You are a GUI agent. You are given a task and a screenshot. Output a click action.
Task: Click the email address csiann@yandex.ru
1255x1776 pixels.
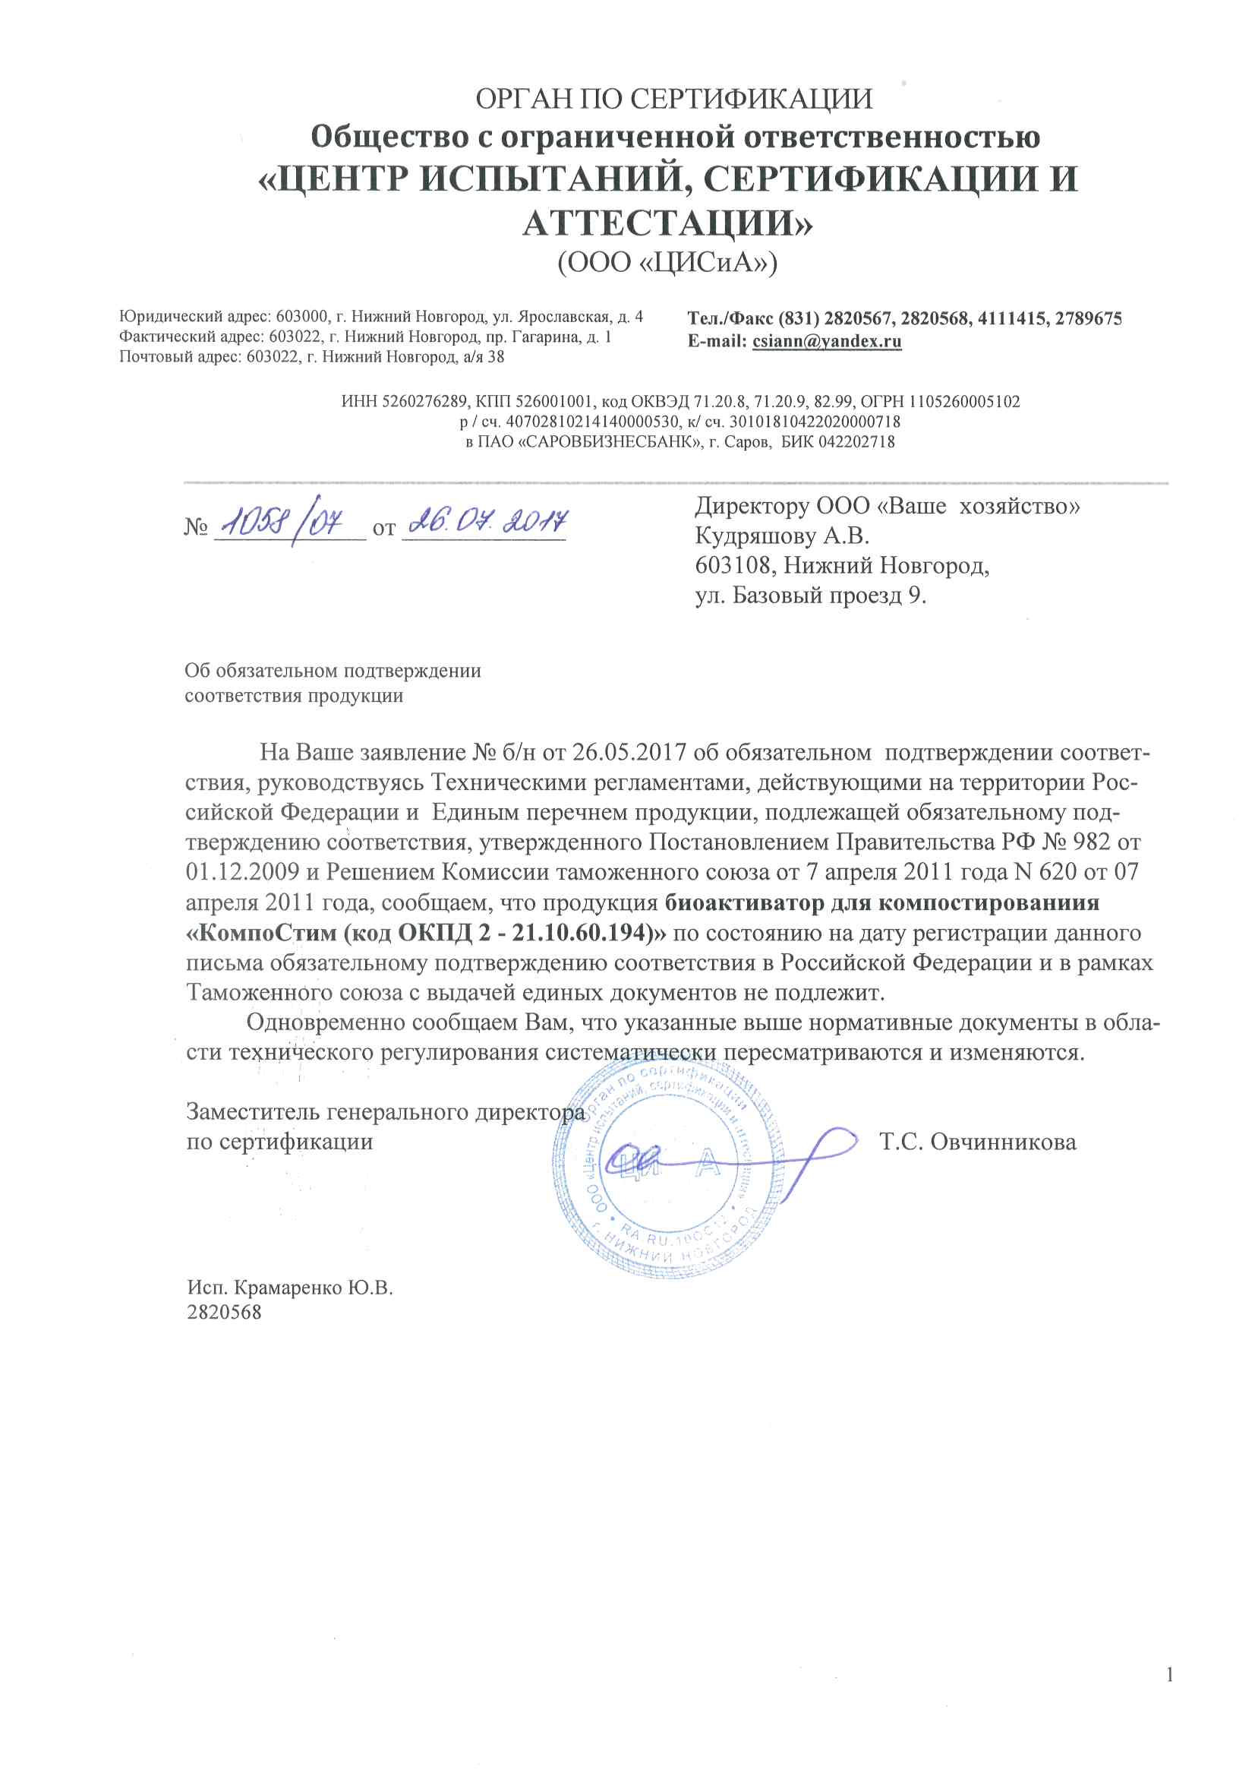[x=827, y=341]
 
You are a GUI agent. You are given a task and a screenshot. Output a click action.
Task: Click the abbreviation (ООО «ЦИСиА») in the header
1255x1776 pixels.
[x=667, y=262]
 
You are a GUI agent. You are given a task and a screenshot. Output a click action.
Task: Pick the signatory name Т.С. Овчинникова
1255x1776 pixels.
[x=977, y=1142]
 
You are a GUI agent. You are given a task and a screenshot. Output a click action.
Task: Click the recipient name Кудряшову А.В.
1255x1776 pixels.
[x=782, y=536]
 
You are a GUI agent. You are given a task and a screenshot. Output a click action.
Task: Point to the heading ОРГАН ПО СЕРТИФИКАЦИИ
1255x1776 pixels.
[x=673, y=99]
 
